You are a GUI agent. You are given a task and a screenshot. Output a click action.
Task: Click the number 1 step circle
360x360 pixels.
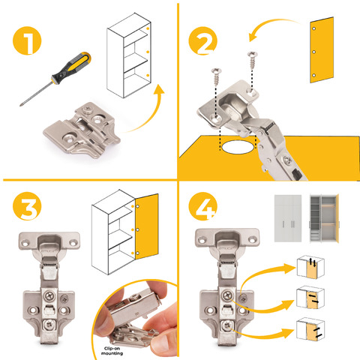27,40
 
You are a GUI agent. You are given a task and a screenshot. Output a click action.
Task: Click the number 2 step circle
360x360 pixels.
202,40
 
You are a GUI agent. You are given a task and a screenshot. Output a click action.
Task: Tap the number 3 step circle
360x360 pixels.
27,206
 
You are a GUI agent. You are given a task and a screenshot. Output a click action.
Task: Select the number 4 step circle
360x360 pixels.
202,206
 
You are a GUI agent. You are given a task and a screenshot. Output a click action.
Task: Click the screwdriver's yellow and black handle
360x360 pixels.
71,67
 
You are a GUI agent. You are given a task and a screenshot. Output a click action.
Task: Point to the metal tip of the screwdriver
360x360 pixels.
20,105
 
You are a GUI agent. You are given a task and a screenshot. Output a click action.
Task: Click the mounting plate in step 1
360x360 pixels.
82,130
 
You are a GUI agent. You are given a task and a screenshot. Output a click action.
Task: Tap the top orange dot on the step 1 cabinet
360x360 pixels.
148,28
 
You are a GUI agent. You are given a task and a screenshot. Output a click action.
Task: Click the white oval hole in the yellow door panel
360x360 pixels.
238,147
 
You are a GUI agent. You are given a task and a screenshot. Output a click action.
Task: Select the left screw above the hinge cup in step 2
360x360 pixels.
216,76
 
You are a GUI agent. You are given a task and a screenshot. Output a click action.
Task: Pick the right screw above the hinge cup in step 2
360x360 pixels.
253,60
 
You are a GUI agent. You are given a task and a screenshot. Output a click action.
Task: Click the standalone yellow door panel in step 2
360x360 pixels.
322,50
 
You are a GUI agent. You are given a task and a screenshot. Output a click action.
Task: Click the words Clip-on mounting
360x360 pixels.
112,351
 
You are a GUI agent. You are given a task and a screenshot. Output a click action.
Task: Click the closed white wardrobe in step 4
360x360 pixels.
288,218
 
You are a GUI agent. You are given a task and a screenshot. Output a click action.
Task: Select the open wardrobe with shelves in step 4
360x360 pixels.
324,218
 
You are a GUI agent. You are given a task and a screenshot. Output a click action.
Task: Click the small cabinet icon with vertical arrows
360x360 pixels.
310,267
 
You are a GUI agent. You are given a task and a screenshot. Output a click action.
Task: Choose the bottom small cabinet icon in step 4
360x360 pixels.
310,329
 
